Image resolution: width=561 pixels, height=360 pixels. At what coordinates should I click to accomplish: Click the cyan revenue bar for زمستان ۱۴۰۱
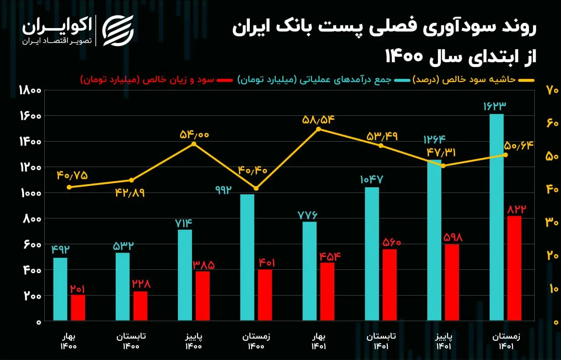click(x=497, y=217)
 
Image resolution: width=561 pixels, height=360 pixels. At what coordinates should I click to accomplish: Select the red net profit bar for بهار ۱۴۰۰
click(x=78, y=308)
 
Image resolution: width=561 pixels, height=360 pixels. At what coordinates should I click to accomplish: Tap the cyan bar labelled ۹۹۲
click(x=247, y=257)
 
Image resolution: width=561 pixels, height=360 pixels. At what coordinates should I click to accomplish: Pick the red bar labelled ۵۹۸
click(x=452, y=282)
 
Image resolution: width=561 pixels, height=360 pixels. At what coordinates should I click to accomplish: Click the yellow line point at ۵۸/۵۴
click(x=318, y=129)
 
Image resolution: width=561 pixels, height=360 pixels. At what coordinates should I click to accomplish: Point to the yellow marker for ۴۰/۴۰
click(x=256, y=189)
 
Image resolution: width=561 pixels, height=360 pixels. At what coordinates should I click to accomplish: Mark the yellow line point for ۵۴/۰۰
click(x=194, y=144)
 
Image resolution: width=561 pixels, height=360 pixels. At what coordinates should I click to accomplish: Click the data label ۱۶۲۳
click(x=495, y=106)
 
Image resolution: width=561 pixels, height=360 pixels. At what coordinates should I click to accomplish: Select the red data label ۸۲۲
click(x=517, y=209)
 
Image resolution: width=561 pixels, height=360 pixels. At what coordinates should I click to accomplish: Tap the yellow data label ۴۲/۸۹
click(x=130, y=193)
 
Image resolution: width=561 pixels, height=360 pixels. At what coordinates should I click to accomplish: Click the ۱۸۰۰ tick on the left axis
click(x=30, y=90)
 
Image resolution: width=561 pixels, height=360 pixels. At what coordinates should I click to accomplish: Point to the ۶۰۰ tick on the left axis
click(x=32, y=245)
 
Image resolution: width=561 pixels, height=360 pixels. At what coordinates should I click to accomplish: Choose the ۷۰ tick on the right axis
click(x=552, y=90)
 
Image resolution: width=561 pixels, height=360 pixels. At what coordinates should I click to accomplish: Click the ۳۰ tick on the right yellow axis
click(x=552, y=222)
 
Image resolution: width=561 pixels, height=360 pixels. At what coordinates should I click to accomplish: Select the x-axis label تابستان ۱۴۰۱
click(x=381, y=341)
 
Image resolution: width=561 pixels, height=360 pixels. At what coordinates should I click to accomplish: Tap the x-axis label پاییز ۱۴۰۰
click(x=194, y=341)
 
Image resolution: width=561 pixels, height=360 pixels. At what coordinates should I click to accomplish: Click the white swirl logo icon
click(x=118, y=31)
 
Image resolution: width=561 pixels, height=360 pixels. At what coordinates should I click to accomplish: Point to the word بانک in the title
click(x=293, y=28)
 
